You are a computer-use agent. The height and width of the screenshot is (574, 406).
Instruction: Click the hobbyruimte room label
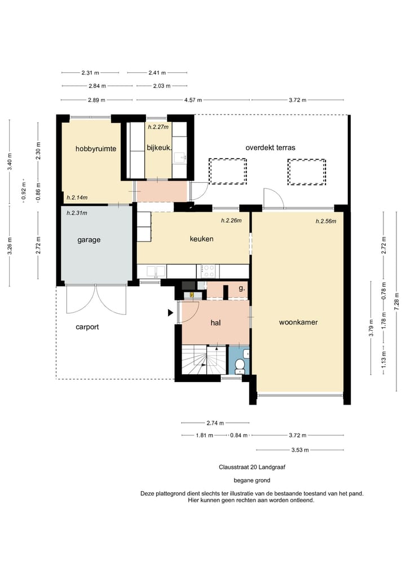[x=96, y=148]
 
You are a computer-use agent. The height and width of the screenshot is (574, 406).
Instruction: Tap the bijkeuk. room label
[x=159, y=148]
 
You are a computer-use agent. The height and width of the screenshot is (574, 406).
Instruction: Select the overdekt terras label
[x=270, y=147]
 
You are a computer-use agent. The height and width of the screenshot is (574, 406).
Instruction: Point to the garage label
[x=89, y=240]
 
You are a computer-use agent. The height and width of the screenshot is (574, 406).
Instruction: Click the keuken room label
[x=201, y=239]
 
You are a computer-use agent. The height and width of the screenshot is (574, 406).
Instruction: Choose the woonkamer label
[x=298, y=322]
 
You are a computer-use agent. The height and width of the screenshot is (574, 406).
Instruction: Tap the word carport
[x=87, y=327]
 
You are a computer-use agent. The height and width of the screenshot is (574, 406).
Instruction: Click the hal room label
[x=215, y=322]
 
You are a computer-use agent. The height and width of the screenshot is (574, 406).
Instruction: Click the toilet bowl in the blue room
[x=240, y=365]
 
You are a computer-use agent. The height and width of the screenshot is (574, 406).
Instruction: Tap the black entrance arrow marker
[x=170, y=313]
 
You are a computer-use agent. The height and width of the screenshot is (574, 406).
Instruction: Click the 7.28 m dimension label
[x=396, y=301]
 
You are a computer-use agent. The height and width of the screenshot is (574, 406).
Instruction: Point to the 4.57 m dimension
[x=193, y=99]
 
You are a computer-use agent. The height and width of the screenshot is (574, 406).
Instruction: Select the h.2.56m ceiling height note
[x=326, y=221]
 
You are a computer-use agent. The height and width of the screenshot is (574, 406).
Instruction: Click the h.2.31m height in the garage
[x=77, y=213]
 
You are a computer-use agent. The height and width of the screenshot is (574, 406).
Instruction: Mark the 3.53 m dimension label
[x=300, y=450]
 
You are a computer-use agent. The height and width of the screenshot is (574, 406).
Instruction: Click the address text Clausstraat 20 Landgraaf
[x=252, y=467]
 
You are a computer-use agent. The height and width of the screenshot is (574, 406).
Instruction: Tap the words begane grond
[x=252, y=480]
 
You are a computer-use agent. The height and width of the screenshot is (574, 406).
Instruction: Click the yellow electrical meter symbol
[x=192, y=294]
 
